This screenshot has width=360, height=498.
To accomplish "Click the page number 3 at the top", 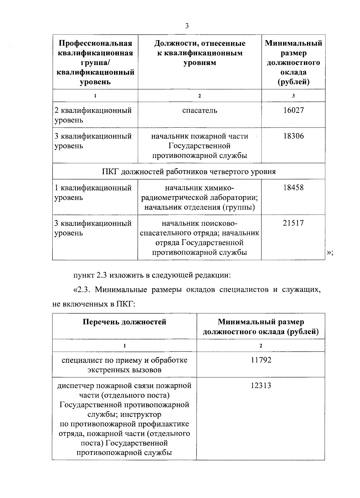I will (x=187, y=26).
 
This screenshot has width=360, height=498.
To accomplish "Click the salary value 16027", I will (x=293, y=110).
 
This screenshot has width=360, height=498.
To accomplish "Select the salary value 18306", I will (x=293, y=136).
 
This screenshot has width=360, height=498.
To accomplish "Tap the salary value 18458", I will (x=293, y=188).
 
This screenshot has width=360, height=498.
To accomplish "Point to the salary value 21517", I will (x=293, y=223).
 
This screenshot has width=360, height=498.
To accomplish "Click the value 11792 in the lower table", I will (x=261, y=360).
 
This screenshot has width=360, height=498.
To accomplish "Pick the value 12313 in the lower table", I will (x=261, y=386).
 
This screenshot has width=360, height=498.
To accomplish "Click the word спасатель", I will (x=200, y=110).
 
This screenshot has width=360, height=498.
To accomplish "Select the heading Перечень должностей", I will (x=124, y=322).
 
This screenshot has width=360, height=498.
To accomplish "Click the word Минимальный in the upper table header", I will (x=293, y=43).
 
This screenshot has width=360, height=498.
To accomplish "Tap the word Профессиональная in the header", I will (x=95, y=43).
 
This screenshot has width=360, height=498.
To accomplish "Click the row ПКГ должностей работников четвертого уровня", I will (x=189, y=171).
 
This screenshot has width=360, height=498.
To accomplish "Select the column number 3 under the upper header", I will (x=293, y=96).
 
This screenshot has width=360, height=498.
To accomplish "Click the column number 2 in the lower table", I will (x=261, y=345).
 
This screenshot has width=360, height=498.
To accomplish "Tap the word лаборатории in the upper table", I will (x=235, y=198).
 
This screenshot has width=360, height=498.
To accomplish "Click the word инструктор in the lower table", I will (x=141, y=414).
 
